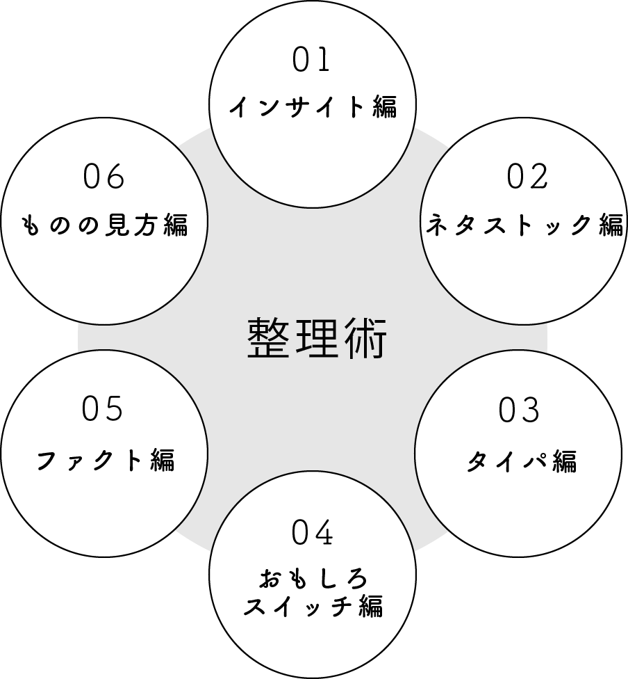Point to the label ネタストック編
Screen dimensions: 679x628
[x=524, y=225]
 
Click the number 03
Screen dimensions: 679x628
[x=519, y=410]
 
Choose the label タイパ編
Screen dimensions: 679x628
[x=521, y=461]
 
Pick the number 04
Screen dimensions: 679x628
[x=313, y=534]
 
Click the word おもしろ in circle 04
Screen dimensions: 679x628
[x=313, y=579]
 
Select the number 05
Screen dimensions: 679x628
[x=102, y=408]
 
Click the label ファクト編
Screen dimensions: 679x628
[x=104, y=460]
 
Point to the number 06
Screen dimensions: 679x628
[x=104, y=177]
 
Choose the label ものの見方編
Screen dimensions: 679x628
[x=105, y=225]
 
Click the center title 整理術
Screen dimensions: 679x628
[x=317, y=338]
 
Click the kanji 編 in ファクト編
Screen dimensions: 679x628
[x=162, y=460]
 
